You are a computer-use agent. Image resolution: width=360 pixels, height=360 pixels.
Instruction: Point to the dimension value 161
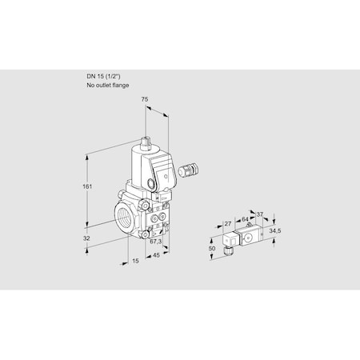pos(87,186)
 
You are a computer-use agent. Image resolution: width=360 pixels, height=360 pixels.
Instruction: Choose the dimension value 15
pos(134,260)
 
